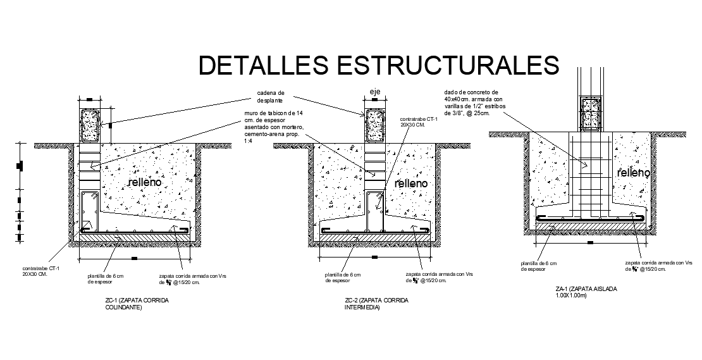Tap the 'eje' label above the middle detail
click(x=375, y=92)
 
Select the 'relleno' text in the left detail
click(x=145, y=182)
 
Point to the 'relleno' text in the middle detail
click(x=411, y=183)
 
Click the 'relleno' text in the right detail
click(x=634, y=173)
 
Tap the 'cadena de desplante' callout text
click(x=271, y=96)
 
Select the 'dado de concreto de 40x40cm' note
click(x=473, y=103)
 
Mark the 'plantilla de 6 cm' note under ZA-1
click(x=538, y=266)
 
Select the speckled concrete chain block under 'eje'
click(x=376, y=125)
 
